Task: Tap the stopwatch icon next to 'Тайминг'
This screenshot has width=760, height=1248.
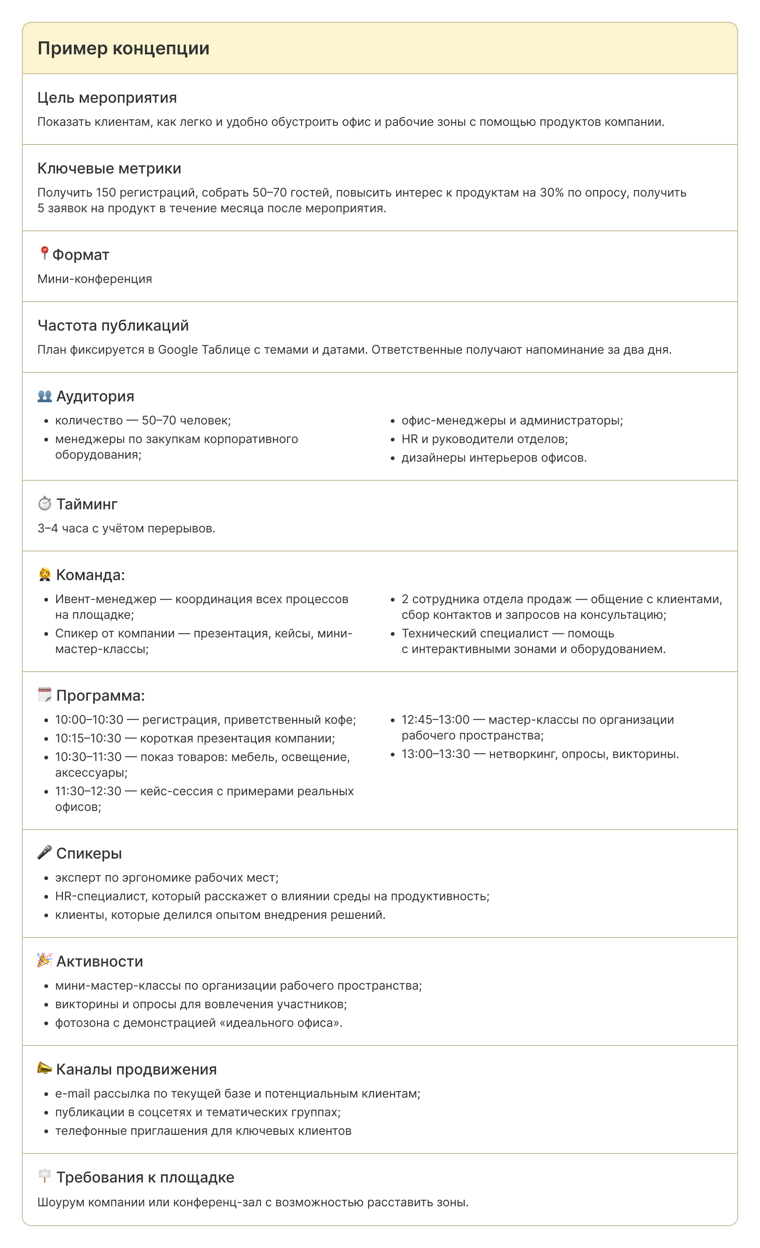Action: pyautogui.click(x=45, y=503)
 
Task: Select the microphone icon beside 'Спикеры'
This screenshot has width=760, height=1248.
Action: pyautogui.click(x=45, y=853)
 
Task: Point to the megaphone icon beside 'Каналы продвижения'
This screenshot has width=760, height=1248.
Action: pyautogui.click(x=45, y=1069)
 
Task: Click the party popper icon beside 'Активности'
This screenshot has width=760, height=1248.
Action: pyautogui.click(x=45, y=960)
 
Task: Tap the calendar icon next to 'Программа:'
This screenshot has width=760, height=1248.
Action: pyautogui.click(x=45, y=695)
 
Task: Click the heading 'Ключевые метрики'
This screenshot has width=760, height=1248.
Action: pyautogui.click(x=109, y=169)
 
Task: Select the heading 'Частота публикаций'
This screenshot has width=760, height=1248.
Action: pyautogui.click(x=113, y=326)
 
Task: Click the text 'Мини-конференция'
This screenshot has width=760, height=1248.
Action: pyautogui.click(x=95, y=279)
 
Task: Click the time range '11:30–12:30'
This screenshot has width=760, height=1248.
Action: pyautogui.click(x=88, y=791)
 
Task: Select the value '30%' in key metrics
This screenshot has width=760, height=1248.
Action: pyautogui.click(x=551, y=193)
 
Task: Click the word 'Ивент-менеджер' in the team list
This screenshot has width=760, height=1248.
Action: pyautogui.click(x=105, y=599)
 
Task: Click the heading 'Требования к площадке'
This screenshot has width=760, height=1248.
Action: pyautogui.click(x=145, y=1178)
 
